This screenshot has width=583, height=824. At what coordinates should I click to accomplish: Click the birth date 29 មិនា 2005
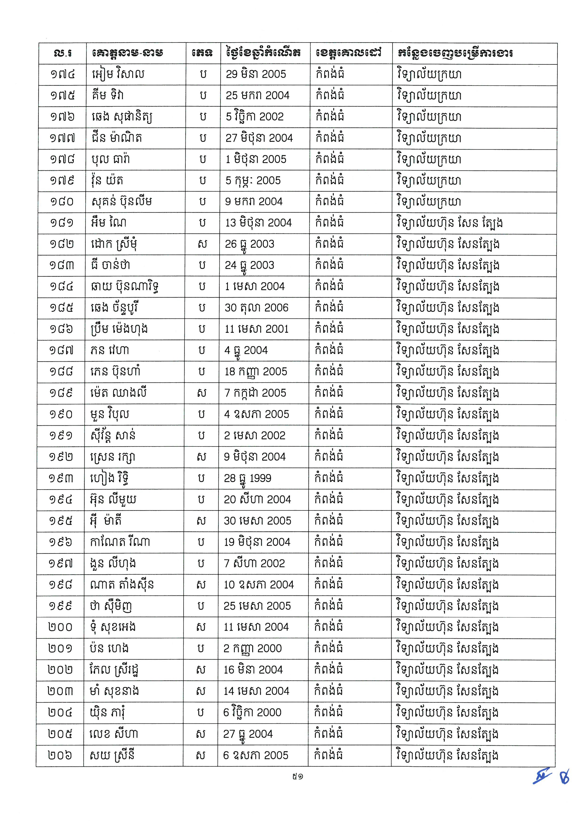coord(256,74)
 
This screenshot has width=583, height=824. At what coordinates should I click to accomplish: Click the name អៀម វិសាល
coord(118,74)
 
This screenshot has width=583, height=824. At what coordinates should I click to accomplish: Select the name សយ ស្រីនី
coord(112,755)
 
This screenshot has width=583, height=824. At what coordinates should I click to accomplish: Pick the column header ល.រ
coord(63,53)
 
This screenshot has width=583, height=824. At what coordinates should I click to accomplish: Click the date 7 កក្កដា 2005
coord(255,393)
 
